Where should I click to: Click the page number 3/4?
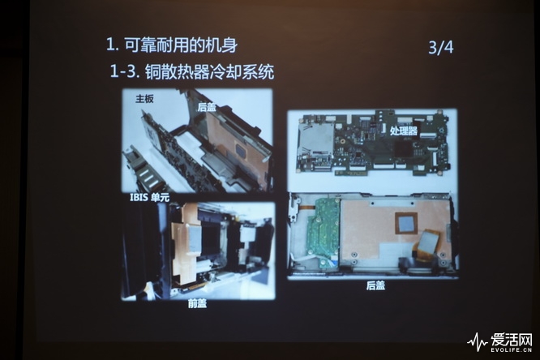pyautogui.click(x=440, y=46)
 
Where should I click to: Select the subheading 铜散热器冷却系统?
pyautogui.click(x=208, y=71)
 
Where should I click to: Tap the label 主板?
pyautogui.click(x=144, y=99)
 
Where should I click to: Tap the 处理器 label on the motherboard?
pyautogui.click(x=402, y=130)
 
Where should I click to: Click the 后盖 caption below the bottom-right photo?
pyautogui.click(x=375, y=285)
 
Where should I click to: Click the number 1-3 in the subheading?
pyautogui.click(x=123, y=71)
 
